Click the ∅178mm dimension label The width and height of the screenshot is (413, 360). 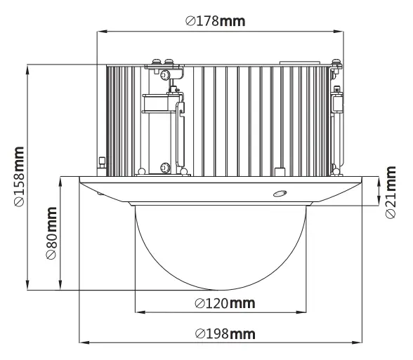216,20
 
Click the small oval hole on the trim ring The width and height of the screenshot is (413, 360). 280,194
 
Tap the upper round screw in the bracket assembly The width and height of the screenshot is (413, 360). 164,76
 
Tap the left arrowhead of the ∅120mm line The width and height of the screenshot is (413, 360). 136,312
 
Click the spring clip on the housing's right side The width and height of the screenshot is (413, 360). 337,102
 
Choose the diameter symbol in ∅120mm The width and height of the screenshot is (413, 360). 199,303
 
